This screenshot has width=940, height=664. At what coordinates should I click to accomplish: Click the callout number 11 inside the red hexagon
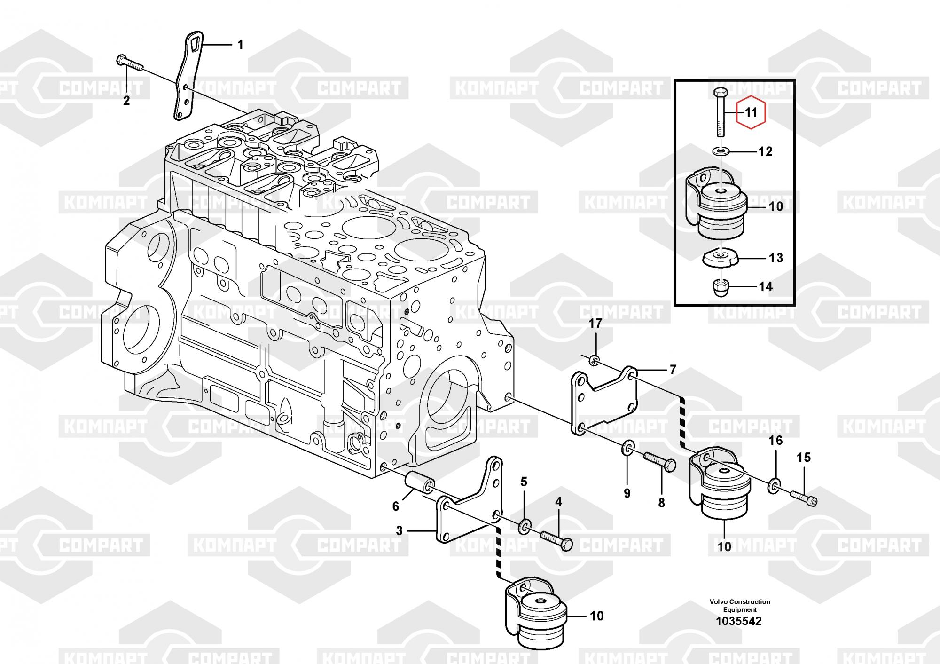pos(752,112)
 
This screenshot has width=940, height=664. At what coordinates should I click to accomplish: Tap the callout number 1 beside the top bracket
pos(240,45)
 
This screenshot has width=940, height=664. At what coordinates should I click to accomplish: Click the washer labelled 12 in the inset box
pos(720,151)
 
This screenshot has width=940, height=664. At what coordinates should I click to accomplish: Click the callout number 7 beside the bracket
pos(673,370)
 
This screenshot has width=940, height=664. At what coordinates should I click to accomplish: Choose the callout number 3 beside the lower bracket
pos(399,530)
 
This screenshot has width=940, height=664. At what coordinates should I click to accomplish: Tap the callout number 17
pos(595,324)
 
